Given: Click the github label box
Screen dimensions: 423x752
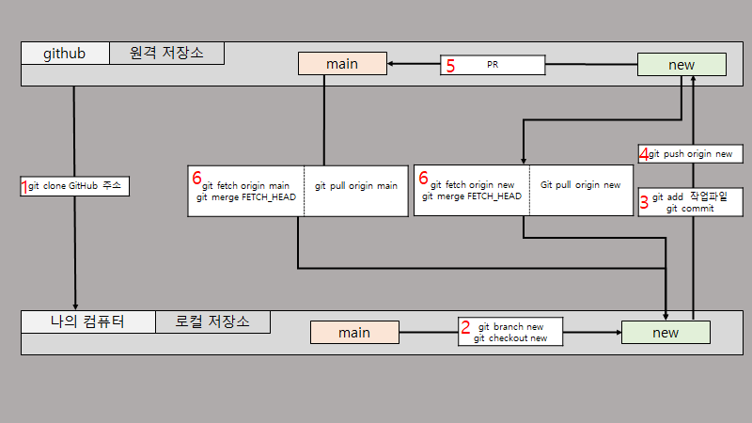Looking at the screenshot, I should tap(65, 54).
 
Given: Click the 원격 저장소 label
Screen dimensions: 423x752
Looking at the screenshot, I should tap(166, 54).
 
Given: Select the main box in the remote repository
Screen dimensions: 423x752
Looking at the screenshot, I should tap(342, 64).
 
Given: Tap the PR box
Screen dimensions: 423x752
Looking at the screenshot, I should tap(493, 66).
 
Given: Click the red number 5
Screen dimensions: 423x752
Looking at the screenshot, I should tap(450, 66).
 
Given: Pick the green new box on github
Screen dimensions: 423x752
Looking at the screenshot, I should tap(681, 64).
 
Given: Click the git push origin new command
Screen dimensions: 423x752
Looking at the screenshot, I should tap(696, 153).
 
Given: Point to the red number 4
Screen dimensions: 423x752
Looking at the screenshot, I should tap(644, 153).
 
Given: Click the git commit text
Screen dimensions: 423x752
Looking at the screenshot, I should tap(690, 209).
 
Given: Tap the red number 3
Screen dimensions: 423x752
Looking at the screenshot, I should tap(644, 202).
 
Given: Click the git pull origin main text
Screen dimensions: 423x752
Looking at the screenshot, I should tap(356, 186).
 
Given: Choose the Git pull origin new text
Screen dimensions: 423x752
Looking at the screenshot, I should tap(580, 185).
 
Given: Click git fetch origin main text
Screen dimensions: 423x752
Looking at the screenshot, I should tap(246, 186).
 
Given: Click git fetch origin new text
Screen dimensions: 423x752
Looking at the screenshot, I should tap(472, 186).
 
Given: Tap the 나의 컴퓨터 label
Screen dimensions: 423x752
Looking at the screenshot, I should tap(87, 322).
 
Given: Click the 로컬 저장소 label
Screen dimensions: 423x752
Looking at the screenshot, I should tap(212, 322).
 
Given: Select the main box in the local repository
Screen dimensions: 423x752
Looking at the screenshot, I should tap(354, 333).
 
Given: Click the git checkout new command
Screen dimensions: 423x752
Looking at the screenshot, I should tap(510, 338).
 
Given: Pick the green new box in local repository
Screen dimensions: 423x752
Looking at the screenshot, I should tap(666, 333).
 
